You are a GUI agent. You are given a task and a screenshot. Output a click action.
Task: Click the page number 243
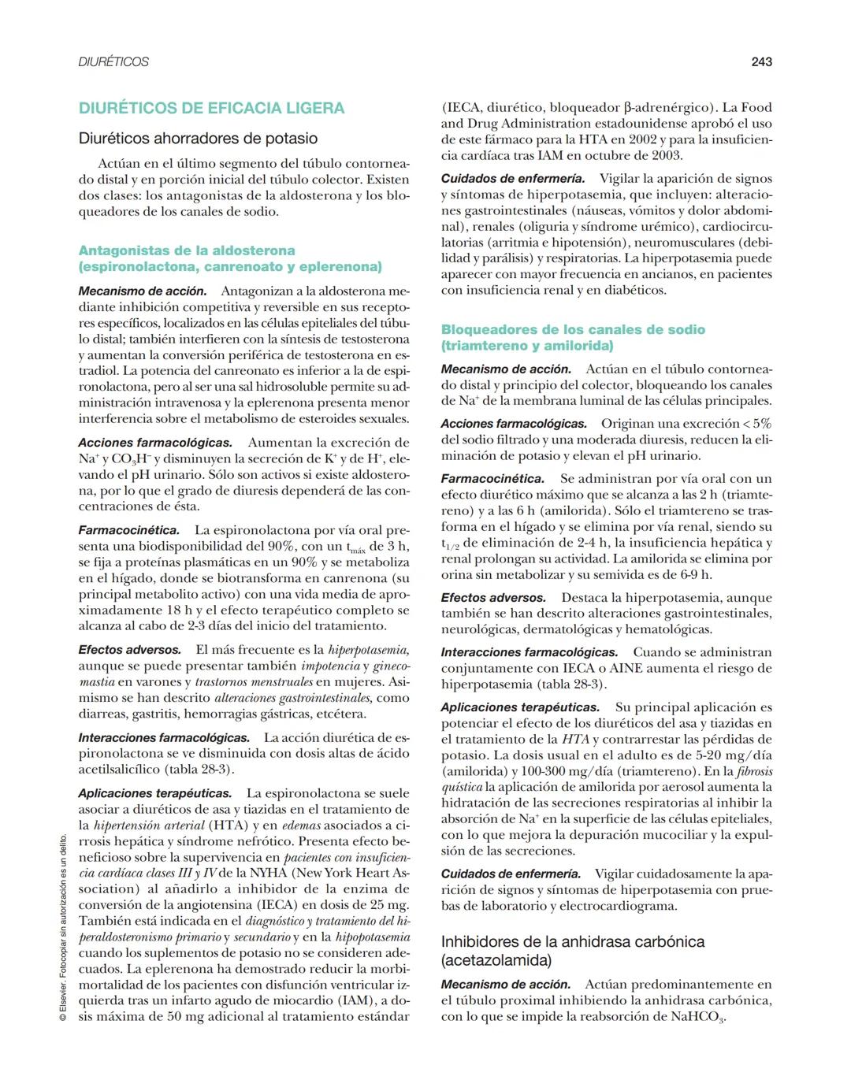click(761, 61)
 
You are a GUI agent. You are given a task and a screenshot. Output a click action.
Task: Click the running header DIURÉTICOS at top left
click(113, 61)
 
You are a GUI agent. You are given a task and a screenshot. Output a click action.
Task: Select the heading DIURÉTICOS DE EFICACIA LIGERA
click(211, 108)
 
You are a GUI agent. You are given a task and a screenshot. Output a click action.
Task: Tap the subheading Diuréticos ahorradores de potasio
click(198, 139)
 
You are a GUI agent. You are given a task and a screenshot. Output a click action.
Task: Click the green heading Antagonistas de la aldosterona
click(187, 250)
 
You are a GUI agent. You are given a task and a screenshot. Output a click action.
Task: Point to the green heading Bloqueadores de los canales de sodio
click(573, 329)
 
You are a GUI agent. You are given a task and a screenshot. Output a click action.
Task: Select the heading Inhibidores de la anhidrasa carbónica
click(573, 942)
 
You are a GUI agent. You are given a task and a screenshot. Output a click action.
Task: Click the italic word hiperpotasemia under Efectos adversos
click(368, 650)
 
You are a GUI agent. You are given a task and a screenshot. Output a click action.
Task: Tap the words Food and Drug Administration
click(607, 116)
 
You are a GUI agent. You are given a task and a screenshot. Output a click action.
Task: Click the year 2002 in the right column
click(643, 139)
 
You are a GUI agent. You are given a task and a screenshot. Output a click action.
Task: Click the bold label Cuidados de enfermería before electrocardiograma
click(511, 874)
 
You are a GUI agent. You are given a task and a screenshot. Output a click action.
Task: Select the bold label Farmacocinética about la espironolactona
click(128, 530)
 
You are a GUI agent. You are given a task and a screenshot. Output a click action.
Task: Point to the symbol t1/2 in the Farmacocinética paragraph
click(450, 543)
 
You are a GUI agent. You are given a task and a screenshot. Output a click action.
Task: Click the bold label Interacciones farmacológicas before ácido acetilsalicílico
click(164, 737)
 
